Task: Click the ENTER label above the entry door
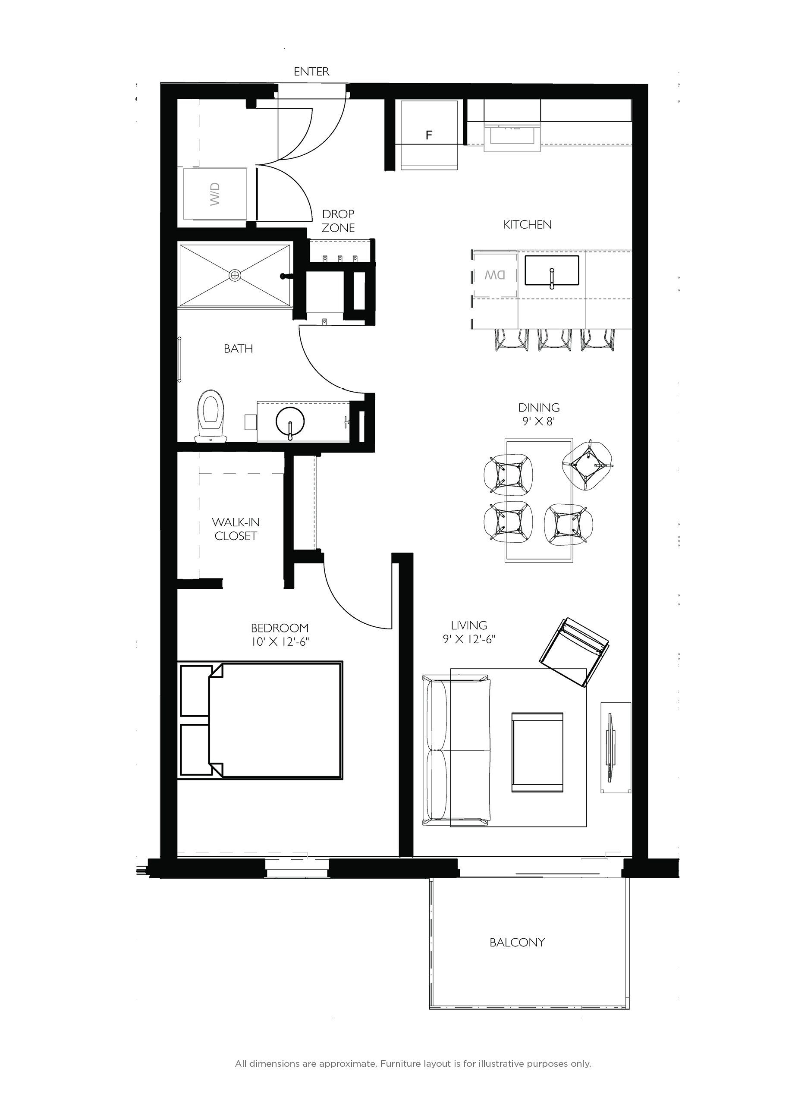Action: click(311, 72)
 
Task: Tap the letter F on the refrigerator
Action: click(428, 135)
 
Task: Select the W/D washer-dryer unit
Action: click(215, 194)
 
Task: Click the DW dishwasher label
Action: click(495, 275)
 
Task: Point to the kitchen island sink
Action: click(552, 270)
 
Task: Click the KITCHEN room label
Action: click(527, 225)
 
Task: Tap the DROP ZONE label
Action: click(338, 221)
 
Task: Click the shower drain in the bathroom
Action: click(235, 275)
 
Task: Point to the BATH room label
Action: click(238, 348)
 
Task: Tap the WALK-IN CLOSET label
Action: click(236, 529)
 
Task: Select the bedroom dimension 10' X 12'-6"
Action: click(280, 642)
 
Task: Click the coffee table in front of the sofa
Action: click(537, 752)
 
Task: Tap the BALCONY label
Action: click(517, 943)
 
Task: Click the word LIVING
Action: click(468, 625)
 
